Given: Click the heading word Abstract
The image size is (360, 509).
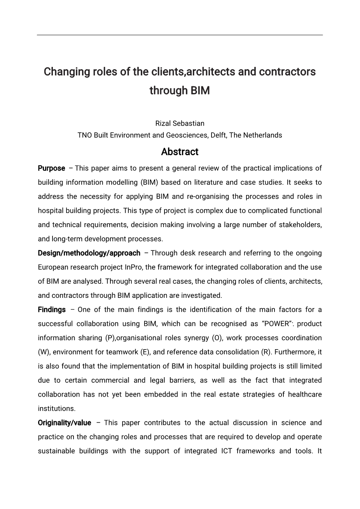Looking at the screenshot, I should pyautogui.click(x=180, y=152).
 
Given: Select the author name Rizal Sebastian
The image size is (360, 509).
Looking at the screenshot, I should pyautogui.click(x=180, y=123).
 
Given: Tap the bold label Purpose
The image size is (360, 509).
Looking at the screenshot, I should pyautogui.click(x=51, y=168).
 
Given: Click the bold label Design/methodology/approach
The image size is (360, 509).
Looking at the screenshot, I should pyautogui.click(x=89, y=253).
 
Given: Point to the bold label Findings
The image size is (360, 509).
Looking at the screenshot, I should pyautogui.click(x=52, y=310).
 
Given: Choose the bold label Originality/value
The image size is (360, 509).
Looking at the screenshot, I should pyautogui.click(x=65, y=423).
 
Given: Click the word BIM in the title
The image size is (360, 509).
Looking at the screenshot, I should pyautogui.click(x=200, y=91).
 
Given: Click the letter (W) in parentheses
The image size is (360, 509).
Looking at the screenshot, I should pyautogui.click(x=44, y=352).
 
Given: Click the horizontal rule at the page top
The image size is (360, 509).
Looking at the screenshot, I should pyautogui.click(x=180, y=35).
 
